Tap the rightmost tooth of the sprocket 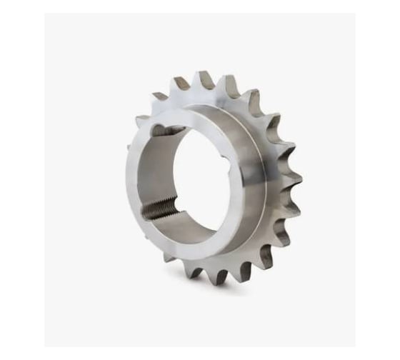coord(295,176)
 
